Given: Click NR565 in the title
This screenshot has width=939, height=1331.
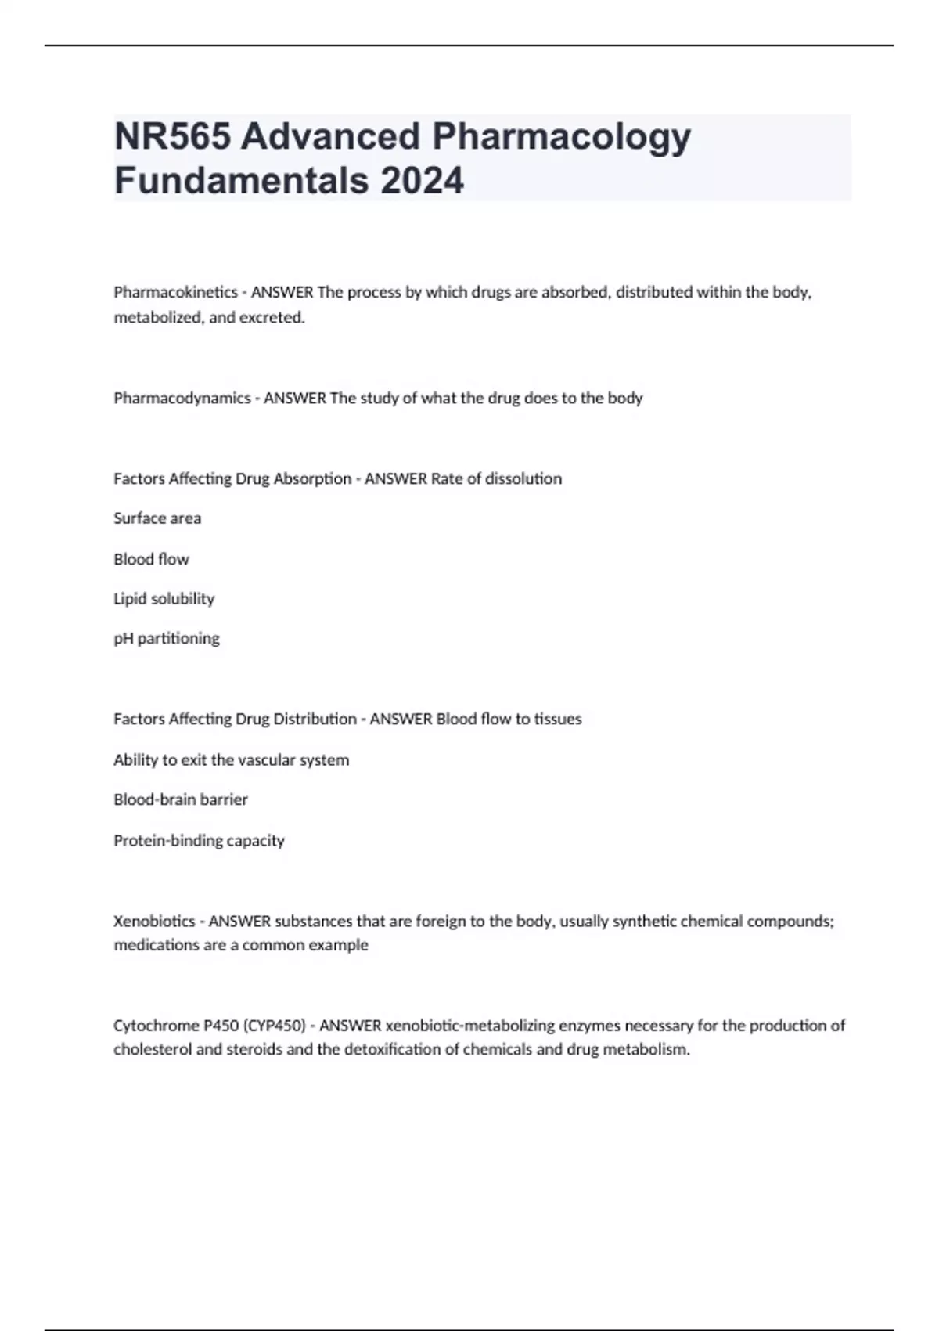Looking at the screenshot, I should point(172,137).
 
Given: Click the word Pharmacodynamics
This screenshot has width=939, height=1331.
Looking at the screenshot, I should point(182,399).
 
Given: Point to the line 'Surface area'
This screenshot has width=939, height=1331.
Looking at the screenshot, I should point(157,518).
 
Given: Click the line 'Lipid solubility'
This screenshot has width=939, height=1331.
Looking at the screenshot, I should point(164,599).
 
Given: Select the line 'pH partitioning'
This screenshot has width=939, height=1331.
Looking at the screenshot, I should point(167,639).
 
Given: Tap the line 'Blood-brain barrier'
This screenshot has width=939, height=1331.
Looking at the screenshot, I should point(181,800).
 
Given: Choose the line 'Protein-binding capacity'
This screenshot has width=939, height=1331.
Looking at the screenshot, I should point(199,841).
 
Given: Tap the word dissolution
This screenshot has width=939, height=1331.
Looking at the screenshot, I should point(523,478).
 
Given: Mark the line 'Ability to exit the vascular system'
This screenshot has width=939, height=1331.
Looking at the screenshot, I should point(232,760).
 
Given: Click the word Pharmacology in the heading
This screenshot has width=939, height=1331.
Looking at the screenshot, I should point(561,137).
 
